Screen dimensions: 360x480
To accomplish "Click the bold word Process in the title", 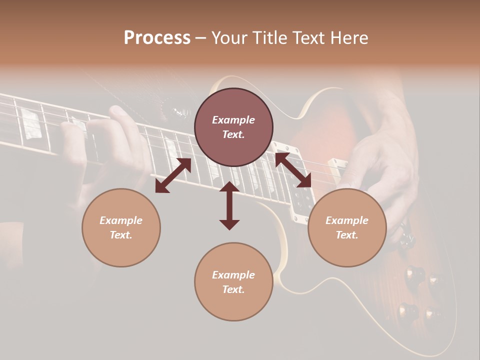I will [x=157, y=38].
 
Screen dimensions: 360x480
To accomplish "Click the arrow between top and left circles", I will [x=173, y=175].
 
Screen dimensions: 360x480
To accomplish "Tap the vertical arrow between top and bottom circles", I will [x=229, y=205].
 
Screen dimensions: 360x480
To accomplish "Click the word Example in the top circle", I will [x=233, y=120].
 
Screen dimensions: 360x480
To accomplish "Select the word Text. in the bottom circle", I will [x=233, y=289].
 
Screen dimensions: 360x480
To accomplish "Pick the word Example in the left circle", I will [x=121, y=220].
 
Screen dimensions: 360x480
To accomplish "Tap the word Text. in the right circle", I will [x=347, y=235].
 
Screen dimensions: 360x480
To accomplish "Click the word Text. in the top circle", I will [x=233, y=134].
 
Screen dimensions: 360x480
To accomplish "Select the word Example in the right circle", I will [x=347, y=220].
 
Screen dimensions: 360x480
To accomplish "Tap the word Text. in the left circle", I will [x=121, y=235].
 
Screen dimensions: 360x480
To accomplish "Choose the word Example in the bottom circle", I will [x=233, y=275].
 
